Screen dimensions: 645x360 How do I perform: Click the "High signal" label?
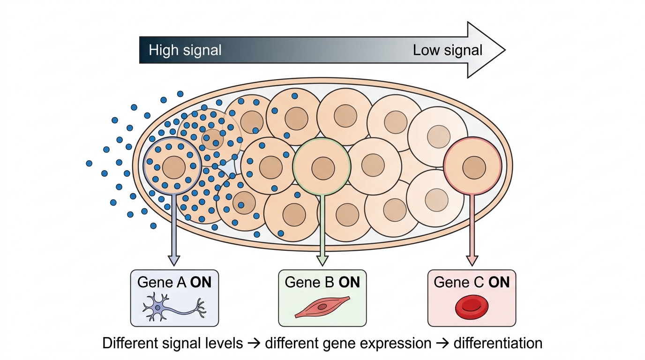pyautogui.click(x=185, y=50)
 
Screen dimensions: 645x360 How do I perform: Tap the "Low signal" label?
pyautogui.click(x=448, y=50)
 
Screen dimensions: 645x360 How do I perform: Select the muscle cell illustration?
pyautogui.click(x=322, y=307)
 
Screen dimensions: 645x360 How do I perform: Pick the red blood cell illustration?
pyautogui.click(x=472, y=307)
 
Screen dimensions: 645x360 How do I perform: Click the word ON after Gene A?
pyautogui.click(x=201, y=282)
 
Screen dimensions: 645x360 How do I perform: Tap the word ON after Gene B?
pyautogui.click(x=349, y=282)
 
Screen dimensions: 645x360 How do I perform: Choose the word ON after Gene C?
pyautogui.click(x=499, y=282)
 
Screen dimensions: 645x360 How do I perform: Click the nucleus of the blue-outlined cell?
pyautogui.click(x=173, y=168)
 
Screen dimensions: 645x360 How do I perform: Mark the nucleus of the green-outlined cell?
pyautogui.click(x=323, y=168)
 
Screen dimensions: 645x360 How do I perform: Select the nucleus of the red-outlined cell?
pyautogui.click(x=474, y=168)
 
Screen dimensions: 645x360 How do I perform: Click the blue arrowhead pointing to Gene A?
pyautogui.click(x=173, y=261)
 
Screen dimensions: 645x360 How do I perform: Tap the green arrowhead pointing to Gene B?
pyautogui.click(x=322, y=261)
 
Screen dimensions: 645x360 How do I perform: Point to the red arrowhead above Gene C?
pyautogui.click(x=472, y=261)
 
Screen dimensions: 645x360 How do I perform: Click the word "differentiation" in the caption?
pyautogui.click(x=498, y=343)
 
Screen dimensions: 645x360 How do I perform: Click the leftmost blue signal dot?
pyautogui.click(x=89, y=164)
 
